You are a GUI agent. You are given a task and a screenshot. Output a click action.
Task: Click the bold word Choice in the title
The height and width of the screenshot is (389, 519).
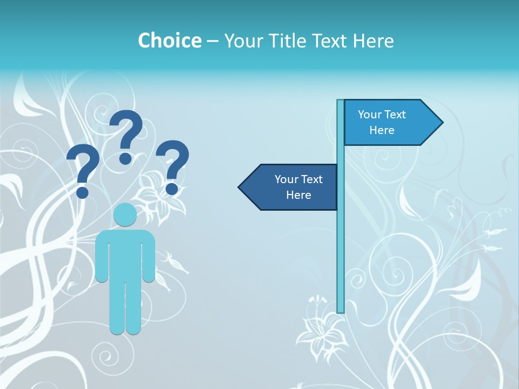169,41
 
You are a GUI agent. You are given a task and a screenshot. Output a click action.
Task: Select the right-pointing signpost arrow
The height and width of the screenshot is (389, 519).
392,122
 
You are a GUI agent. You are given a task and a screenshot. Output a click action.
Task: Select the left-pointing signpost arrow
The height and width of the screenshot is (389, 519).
289,187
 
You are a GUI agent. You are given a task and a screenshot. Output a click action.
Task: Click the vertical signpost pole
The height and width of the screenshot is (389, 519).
341,243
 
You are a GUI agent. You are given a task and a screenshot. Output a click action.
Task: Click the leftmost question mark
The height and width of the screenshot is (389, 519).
83,167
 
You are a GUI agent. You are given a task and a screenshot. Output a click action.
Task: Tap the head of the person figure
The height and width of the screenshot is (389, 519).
125,215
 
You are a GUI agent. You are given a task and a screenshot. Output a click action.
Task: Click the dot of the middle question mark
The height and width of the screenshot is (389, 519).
125,158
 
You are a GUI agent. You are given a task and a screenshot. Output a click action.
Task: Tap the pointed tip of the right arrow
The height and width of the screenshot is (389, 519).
442,122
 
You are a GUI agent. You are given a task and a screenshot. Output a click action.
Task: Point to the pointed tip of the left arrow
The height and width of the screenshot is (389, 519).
239,187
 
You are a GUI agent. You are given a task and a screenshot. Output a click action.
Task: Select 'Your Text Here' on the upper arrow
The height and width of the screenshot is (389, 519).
382,122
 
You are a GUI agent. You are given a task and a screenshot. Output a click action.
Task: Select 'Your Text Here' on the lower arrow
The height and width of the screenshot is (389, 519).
298,187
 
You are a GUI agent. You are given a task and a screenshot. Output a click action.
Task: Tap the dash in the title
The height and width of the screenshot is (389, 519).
212,41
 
